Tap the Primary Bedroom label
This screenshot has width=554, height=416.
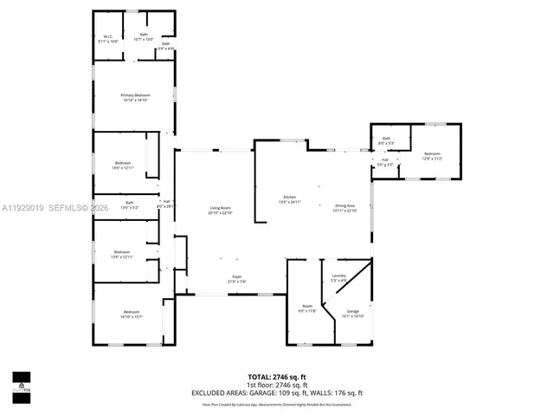[x=135, y=96]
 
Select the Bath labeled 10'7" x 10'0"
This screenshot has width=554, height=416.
[x=144, y=36]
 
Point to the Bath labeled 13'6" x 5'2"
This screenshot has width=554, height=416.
[x=128, y=205]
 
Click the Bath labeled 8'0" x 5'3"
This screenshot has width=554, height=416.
[x=387, y=140]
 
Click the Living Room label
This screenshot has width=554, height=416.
[x=220, y=209]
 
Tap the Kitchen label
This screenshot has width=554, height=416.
[x=289, y=198]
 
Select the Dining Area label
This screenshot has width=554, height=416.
[x=345, y=207]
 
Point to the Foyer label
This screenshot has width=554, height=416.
[x=236, y=279]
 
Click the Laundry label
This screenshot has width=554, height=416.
[x=338, y=276]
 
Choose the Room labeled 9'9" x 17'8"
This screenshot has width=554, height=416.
[x=306, y=308]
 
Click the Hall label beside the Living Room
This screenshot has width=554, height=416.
[x=165, y=204]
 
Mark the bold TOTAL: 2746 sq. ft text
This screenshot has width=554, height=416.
[x=276, y=377]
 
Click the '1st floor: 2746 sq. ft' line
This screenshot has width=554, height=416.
[x=276, y=385]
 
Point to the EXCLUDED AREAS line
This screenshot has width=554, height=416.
[x=276, y=393]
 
